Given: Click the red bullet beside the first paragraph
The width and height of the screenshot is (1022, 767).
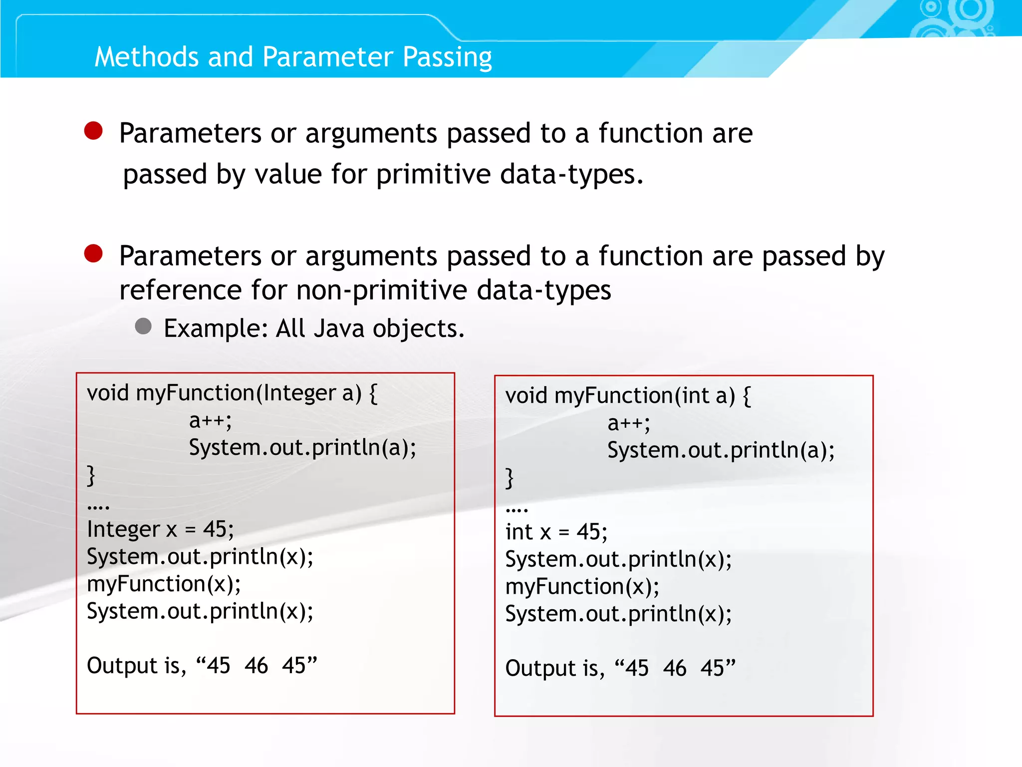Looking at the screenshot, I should click(x=93, y=131).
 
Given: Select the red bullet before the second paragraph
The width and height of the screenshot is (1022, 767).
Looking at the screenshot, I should click(x=93, y=254).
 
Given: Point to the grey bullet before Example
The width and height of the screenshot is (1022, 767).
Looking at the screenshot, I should click(x=143, y=327).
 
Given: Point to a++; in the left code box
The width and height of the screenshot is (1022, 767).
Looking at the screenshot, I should click(x=210, y=421).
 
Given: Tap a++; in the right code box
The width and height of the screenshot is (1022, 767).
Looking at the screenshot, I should click(x=629, y=423).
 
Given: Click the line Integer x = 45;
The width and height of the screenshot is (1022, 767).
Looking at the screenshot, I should click(x=160, y=529).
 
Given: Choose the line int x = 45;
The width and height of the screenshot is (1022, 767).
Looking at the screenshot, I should click(x=556, y=532).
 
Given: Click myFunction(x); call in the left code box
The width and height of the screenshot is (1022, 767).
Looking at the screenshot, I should click(x=164, y=584).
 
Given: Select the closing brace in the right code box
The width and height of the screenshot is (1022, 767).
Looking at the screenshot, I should click(x=509, y=478).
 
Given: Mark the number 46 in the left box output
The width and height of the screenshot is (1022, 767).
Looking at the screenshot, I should click(x=256, y=666).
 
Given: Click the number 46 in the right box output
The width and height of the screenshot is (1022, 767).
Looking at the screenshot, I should click(x=675, y=668).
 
